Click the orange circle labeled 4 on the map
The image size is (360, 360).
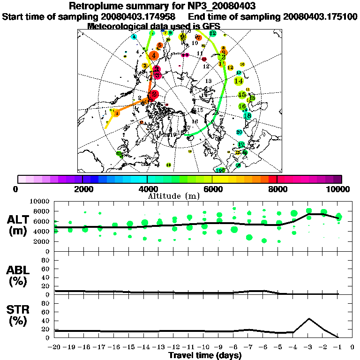pyautogui.click(x=154, y=55)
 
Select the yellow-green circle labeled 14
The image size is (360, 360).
pyautogui.click(x=239, y=81)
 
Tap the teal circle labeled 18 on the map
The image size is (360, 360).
pyautogui.click(x=247, y=115)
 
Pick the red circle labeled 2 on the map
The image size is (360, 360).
pyautogui.click(x=154, y=94)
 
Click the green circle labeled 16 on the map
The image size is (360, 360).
pyautogui.click(x=242, y=106)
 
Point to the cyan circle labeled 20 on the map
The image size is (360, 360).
pyautogui.click(x=239, y=132)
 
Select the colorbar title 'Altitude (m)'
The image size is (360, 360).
pyautogui.click(x=168, y=195)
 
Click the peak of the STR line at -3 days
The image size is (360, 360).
pyautogui.click(x=309, y=319)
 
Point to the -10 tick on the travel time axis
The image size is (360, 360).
pyautogui.click(x=204, y=347)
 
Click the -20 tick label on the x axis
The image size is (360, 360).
pyautogui.click(x=55, y=347)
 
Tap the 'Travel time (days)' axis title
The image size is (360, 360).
pyautogui.click(x=205, y=356)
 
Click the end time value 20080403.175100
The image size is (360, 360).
pyautogui.click(x=321, y=16)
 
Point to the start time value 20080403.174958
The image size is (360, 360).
pyautogui.click(x=139, y=16)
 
